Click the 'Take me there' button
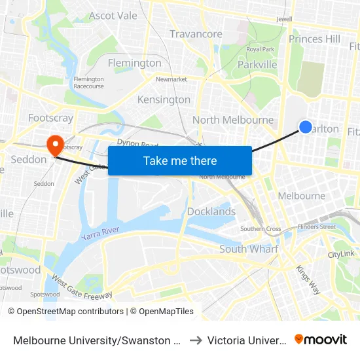pos(180,160)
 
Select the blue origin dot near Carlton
pos(305,127)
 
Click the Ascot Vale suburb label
pos(113,16)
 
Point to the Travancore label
pos(196,34)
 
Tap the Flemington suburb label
pos(134,63)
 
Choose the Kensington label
pos(164,99)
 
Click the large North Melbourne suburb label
pos(233,120)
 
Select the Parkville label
pos(257,65)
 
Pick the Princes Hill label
pos(314,39)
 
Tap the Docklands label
pos(211,211)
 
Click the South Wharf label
pos(249,249)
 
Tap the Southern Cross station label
pos(261,228)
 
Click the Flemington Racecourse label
pos(88,82)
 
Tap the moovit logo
pos(321,340)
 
